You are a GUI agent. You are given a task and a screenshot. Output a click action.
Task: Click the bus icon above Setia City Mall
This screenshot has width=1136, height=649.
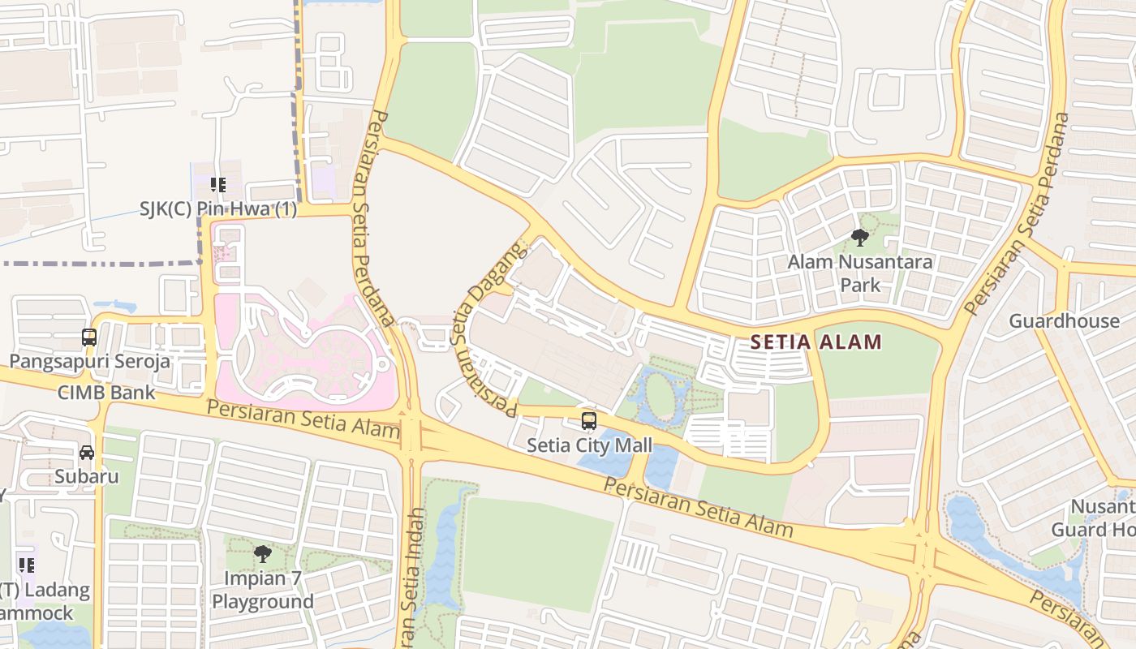(x=589, y=421)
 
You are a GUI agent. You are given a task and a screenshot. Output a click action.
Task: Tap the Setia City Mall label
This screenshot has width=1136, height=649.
(x=589, y=445)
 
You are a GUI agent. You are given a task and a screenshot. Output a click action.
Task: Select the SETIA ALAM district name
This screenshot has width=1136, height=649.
(x=815, y=342)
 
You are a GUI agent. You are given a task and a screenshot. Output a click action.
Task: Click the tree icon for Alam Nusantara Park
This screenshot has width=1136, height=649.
(x=860, y=238)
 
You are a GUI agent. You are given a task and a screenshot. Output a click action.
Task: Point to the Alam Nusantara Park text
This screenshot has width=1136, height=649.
(x=860, y=273)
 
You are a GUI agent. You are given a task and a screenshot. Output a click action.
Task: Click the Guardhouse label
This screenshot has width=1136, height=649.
(x=1064, y=321)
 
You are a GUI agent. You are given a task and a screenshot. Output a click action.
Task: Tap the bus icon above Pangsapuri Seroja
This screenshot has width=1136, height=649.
(x=89, y=337)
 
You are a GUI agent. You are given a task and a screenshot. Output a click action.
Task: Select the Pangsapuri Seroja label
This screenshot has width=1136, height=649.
(x=89, y=361)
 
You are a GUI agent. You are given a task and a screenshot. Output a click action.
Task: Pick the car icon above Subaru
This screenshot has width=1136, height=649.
(x=87, y=453)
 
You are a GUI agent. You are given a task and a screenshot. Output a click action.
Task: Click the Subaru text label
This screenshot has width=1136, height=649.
(x=87, y=476)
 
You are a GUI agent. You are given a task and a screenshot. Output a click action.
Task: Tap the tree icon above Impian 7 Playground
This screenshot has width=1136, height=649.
(x=262, y=554)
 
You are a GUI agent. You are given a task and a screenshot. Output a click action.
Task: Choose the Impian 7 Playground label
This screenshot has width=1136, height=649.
(x=262, y=590)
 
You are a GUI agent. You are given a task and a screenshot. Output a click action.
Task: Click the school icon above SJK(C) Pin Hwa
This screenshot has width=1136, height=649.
(x=217, y=185)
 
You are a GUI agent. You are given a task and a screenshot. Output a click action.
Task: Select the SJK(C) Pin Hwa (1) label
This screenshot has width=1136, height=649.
(x=218, y=209)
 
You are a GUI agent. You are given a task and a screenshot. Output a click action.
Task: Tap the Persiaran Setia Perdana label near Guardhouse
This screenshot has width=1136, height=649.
(x=1018, y=215)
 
